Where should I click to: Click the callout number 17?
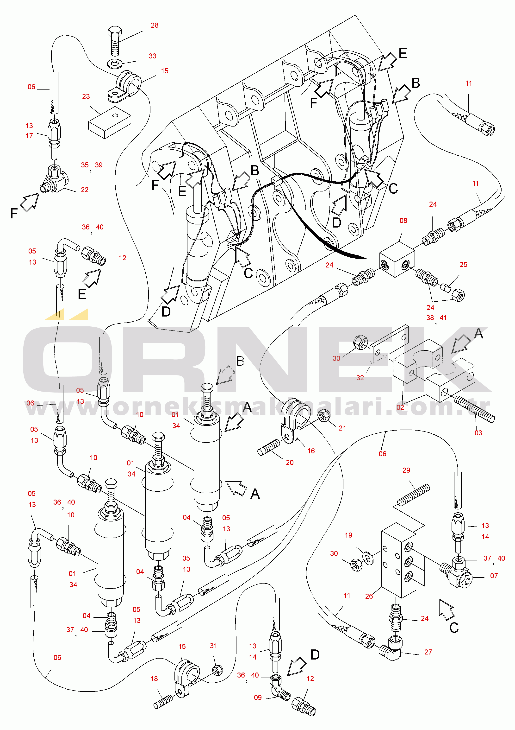tap(29, 136)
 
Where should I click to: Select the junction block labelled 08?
tap(397, 259)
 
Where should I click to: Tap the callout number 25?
tap(464, 265)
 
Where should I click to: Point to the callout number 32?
tap(360, 378)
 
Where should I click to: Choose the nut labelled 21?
tap(324, 416)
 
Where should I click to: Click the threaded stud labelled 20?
tap(269, 447)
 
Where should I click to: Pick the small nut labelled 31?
tap(217, 670)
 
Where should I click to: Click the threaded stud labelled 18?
tap(164, 702)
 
